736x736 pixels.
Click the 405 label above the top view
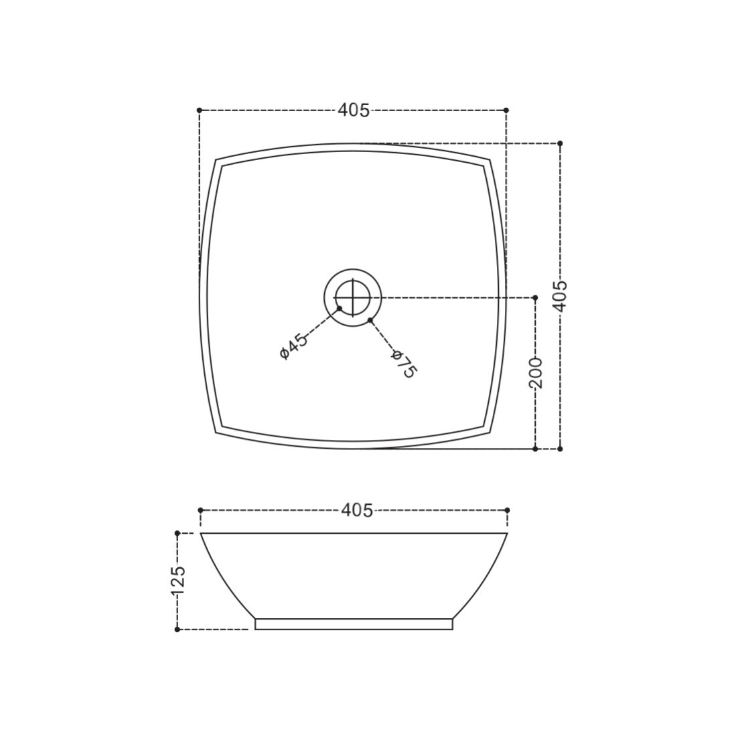354,111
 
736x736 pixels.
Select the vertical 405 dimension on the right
560,296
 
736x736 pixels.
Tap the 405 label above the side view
357,510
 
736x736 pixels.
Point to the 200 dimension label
536,373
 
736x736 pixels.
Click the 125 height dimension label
178,581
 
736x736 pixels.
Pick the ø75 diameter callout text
404,364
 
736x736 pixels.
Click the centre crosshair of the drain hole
352,297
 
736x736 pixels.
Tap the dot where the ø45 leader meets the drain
340,308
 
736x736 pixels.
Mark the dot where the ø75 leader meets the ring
370,320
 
